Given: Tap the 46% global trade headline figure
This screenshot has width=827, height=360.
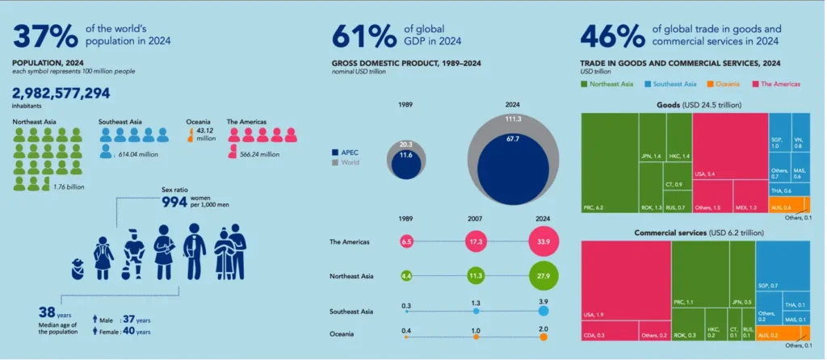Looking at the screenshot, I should pos(615,36).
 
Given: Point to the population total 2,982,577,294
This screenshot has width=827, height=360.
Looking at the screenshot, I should pos(61,94).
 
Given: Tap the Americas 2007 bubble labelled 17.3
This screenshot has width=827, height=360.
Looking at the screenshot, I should pos(476,241).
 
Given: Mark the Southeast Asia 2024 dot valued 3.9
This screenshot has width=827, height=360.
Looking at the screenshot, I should pos(543,311).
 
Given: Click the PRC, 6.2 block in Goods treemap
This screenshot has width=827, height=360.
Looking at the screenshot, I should pos(609,164).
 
